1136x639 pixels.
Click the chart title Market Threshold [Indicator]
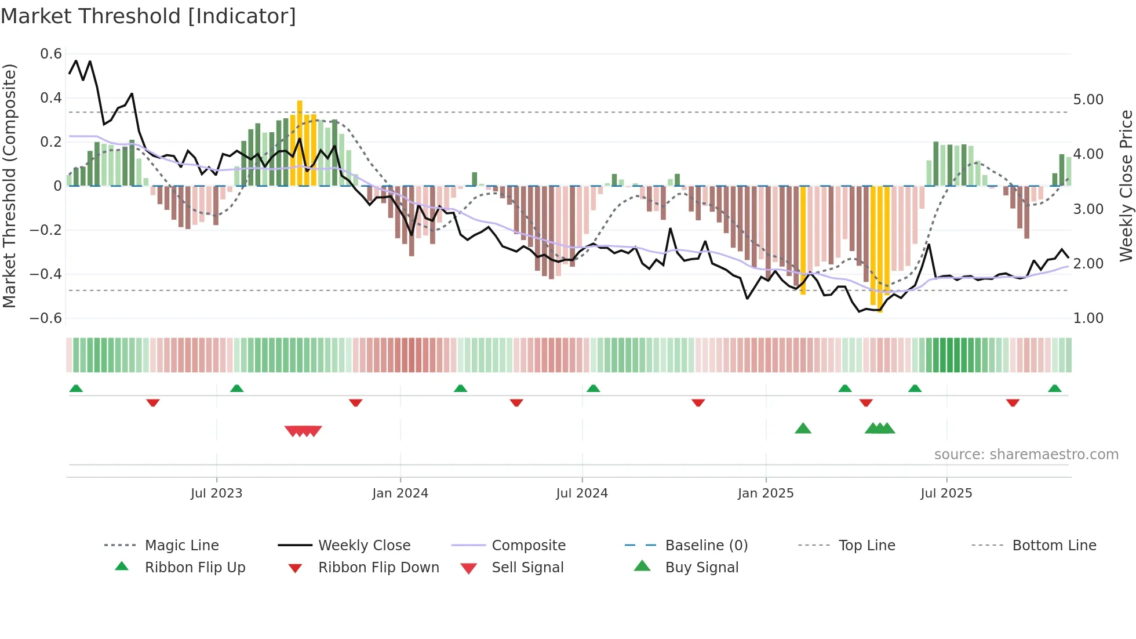[148, 16]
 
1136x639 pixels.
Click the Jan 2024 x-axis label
[400, 493]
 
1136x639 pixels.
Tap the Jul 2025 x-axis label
[946, 493]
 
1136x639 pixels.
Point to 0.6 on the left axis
[51, 54]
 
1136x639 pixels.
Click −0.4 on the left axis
[46, 274]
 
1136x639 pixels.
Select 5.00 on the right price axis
[1088, 100]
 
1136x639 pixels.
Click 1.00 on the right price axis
[1088, 318]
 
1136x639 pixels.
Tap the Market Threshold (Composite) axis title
[9, 186]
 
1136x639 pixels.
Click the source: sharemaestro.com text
[1026, 455]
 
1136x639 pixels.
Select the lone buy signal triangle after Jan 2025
[803, 429]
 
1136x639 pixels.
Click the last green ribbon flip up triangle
[1054, 389]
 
